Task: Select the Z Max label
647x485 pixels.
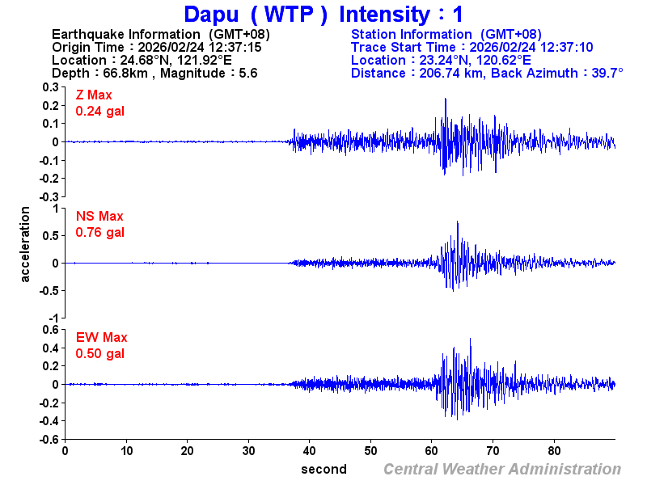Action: [x=94, y=95]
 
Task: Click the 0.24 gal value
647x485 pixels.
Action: [x=100, y=112]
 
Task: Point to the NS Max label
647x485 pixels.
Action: [x=99, y=217]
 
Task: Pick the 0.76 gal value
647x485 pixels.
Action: [x=100, y=233]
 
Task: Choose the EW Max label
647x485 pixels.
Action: [x=102, y=338]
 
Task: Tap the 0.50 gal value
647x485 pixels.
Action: [x=100, y=354]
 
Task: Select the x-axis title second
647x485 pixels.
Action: [x=323, y=470]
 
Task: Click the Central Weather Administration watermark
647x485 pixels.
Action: [x=502, y=470]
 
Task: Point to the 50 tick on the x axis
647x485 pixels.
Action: [x=370, y=450]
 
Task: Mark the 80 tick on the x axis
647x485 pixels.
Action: [x=555, y=450]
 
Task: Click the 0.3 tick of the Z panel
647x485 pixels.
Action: [x=50, y=87]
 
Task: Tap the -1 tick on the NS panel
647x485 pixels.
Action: [x=54, y=318]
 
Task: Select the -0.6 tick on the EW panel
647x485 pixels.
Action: [x=48, y=439]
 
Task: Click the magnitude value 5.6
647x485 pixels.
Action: [x=247, y=73]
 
